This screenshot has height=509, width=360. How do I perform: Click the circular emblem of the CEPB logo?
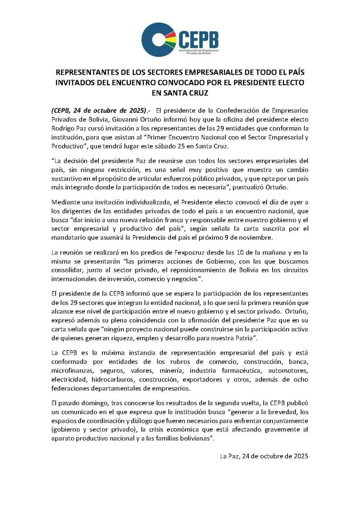(159, 39)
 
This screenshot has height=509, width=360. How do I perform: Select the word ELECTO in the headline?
(289, 83)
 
